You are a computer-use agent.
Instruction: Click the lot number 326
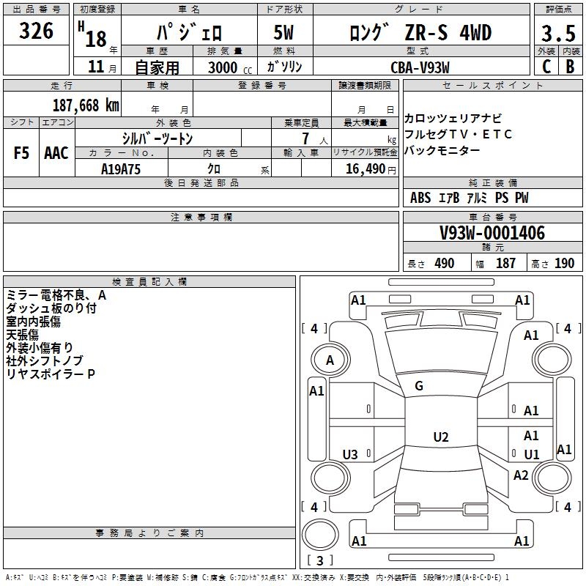(37, 31)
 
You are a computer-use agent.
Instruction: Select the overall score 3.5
(557, 34)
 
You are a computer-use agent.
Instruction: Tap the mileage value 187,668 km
(86, 105)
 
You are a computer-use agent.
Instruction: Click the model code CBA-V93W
(420, 67)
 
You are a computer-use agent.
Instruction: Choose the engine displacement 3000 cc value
(223, 67)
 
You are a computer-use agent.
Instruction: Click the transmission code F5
(22, 153)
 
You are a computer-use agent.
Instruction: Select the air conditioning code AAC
(56, 153)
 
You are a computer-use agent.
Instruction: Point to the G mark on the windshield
(419, 386)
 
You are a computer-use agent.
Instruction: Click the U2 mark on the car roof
(440, 437)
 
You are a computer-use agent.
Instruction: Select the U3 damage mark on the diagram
(350, 455)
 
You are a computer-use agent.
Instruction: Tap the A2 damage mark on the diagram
(521, 475)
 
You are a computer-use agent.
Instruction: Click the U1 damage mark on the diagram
(531, 454)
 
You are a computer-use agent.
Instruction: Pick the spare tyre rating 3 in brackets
(319, 561)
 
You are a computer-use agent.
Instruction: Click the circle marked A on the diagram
(330, 360)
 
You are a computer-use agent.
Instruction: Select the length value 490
(444, 263)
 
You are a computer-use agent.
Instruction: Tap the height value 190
(564, 263)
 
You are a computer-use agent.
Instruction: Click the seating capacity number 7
(303, 138)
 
